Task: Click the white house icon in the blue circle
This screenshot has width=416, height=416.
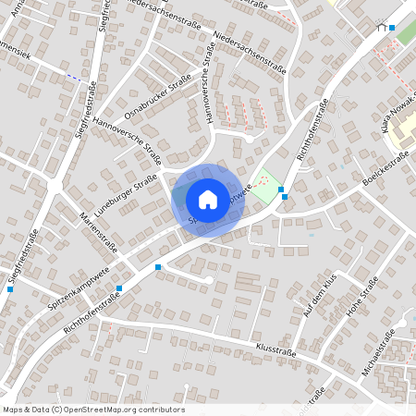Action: coord(208,199)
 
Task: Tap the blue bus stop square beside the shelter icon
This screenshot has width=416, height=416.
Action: coord(392,28)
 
